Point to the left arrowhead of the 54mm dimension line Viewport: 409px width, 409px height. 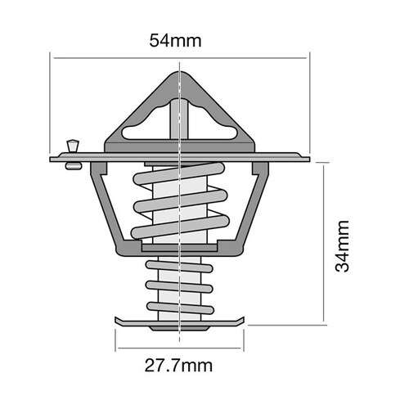click(x=53, y=57)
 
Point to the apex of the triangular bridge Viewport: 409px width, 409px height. click(x=179, y=76)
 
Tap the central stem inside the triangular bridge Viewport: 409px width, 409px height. click(x=179, y=123)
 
